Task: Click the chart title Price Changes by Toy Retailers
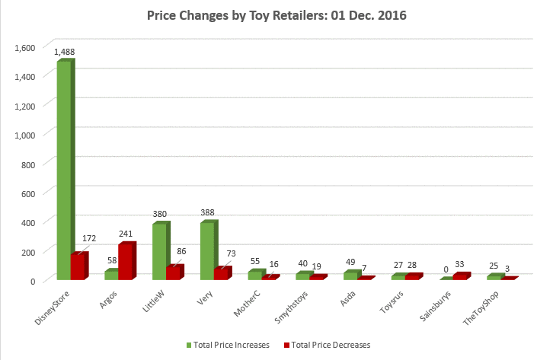(x=276, y=16)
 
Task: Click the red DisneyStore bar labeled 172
(x=78, y=266)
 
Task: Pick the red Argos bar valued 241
(x=126, y=261)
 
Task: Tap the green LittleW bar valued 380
(x=159, y=251)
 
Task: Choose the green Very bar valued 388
(x=206, y=250)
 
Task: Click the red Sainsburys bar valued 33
(x=460, y=276)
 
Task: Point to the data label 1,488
(x=64, y=52)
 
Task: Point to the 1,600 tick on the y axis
(x=25, y=46)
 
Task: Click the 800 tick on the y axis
(x=29, y=164)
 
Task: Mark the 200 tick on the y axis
(x=29, y=251)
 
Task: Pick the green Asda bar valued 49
(x=349, y=276)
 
